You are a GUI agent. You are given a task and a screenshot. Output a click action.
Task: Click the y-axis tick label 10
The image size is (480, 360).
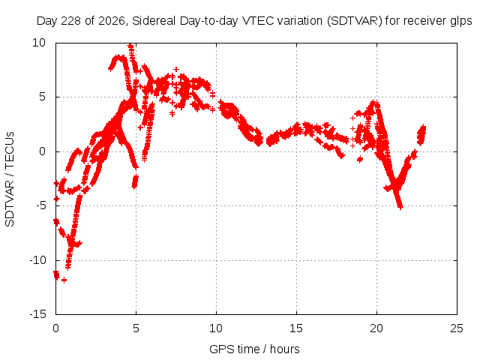click(x=39, y=43)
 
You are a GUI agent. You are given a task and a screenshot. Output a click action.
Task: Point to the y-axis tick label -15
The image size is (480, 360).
click(x=37, y=314)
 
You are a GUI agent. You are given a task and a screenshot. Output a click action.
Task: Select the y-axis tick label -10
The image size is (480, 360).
click(x=37, y=260)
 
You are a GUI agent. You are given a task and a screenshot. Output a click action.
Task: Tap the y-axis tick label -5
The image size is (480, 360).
click(x=41, y=205)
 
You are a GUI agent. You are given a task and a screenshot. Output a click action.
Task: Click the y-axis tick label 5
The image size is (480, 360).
click(x=42, y=97)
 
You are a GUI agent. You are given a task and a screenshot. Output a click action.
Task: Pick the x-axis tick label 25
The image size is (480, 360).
click(x=457, y=328)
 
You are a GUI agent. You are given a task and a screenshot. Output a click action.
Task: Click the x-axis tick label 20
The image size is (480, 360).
click(x=376, y=328)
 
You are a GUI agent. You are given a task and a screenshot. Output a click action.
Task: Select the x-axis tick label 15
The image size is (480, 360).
click(x=296, y=328)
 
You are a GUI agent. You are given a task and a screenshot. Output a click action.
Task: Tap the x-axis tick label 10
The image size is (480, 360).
click(x=216, y=328)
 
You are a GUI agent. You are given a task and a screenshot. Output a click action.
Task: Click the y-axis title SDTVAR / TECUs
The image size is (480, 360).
click(x=10, y=179)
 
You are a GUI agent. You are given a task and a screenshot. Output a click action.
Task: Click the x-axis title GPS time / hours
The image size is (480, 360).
click(x=254, y=349)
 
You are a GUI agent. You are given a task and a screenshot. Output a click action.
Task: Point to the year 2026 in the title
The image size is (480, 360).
click(x=112, y=21)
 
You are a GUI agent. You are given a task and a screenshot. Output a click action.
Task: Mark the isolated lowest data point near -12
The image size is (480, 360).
click(x=64, y=280)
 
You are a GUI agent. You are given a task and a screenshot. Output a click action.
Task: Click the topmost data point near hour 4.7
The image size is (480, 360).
click(x=130, y=46)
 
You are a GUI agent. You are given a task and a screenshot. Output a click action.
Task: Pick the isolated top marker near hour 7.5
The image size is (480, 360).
click(x=175, y=70)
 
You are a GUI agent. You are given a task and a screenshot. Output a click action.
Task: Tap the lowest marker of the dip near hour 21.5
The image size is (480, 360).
click(x=400, y=207)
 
